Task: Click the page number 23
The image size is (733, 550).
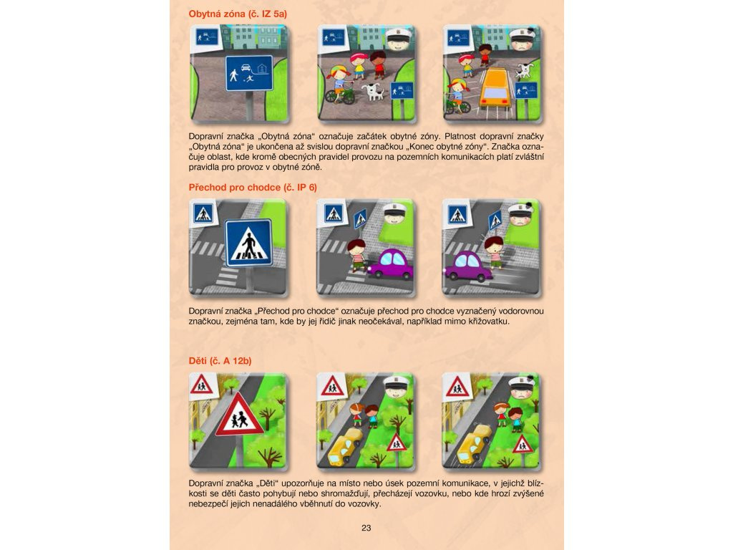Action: [366, 528]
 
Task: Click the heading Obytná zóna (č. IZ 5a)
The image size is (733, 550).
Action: [238, 14]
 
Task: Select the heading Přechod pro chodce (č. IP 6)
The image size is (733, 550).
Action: [253, 188]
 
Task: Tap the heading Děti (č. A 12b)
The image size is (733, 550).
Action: [220, 361]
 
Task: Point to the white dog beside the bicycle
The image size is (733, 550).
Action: [374, 91]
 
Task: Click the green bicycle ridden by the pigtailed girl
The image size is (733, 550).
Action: [340, 94]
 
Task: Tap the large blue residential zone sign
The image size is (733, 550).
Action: [249, 73]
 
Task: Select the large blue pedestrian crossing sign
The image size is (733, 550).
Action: [248, 243]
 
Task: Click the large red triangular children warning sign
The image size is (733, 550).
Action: [239, 415]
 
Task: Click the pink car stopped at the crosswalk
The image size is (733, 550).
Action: [391, 264]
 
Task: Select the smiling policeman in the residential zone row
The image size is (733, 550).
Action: [399, 39]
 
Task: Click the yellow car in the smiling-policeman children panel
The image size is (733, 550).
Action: [345, 448]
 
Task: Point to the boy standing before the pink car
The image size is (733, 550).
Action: [358, 256]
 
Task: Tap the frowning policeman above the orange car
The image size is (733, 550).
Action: [523, 40]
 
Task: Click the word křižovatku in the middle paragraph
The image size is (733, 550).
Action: [488, 322]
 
